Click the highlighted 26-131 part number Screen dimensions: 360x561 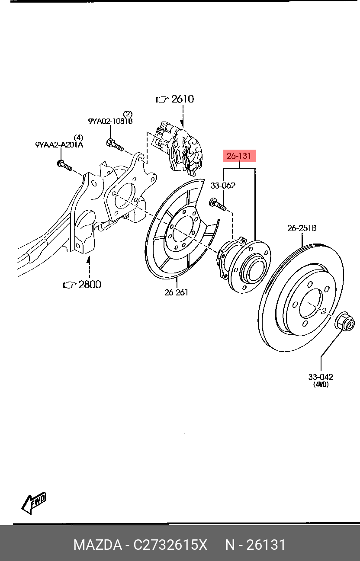[x=239, y=156]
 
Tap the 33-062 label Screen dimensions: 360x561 [x=223, y=186]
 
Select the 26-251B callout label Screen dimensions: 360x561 [x=302, y=228]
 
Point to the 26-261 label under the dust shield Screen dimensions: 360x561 [x=176, y=292]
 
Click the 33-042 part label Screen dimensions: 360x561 [x=321, y=377]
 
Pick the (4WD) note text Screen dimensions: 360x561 [x=321, y=385]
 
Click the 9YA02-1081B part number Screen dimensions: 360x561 [x=110, y=121]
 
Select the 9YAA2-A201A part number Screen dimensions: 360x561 [x=59, y=145]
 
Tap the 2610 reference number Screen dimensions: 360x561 [x=183, y=99]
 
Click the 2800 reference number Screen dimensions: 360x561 [x=90, y=285]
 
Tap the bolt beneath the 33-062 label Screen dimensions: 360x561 [x=218, y=204]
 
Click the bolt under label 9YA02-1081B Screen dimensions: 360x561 [x=115, y=145]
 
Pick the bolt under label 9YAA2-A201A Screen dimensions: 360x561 [x=64, y=165]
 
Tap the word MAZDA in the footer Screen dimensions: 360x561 [x=98, y=545]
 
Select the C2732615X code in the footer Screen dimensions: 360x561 [x=170, y=545]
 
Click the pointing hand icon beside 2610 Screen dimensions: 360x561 [x=162, y=99]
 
